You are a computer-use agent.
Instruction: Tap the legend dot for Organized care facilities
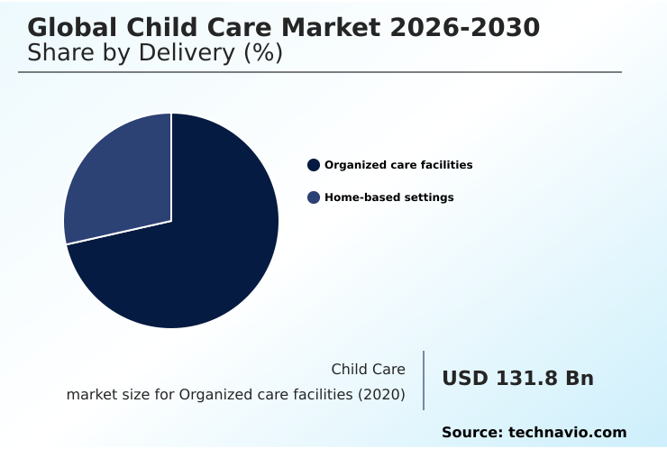314,165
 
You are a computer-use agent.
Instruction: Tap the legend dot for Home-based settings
314,197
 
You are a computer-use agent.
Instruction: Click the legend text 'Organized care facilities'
398,165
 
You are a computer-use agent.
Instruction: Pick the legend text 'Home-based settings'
388,197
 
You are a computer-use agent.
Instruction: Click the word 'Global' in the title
70,28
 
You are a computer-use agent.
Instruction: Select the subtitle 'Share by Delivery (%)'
155,53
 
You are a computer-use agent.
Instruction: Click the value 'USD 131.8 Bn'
517,379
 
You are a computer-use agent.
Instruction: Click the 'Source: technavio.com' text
534,433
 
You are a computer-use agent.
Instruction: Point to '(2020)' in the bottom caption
382,394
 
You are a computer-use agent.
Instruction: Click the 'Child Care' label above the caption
368,369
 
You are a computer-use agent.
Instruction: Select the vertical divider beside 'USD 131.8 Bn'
424,380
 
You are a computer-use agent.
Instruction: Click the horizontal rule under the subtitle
320,72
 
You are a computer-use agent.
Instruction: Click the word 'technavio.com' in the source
567,433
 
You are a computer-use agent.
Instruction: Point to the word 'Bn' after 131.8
579,379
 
